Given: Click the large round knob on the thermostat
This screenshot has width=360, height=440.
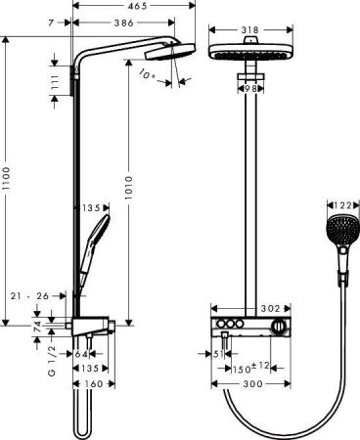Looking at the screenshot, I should point(281,324).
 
